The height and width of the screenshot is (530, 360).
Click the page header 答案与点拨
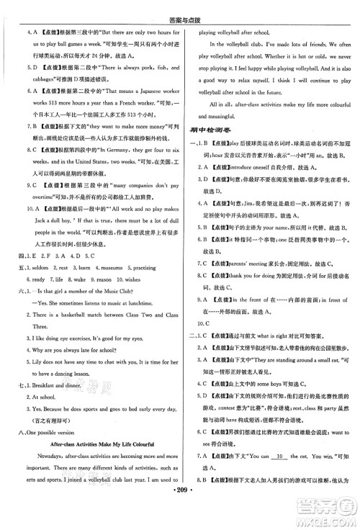(x=179, y=9)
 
